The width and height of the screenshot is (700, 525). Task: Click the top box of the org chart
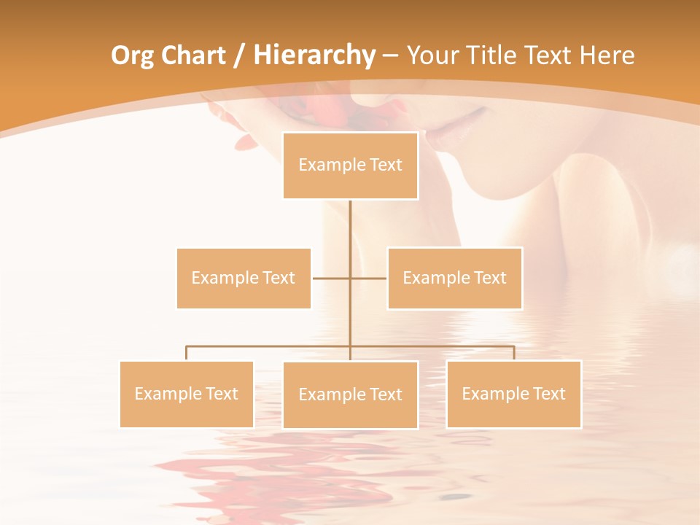point(350,166)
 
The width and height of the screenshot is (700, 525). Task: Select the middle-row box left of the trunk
point(244,278)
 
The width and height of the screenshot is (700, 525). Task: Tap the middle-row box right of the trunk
point(454,278)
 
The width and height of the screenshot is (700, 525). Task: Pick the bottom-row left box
point(186,394)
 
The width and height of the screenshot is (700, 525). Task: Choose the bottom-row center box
point(350,394)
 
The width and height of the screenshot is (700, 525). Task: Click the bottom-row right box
point(513,394)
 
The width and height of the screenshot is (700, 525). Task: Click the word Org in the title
point(132,55)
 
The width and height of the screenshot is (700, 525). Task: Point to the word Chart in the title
point(192,55)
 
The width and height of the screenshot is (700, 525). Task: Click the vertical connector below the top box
point(350,226)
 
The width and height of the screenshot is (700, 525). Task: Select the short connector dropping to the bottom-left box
point(186,353)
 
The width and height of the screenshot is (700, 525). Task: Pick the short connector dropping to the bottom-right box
point(513,353)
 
